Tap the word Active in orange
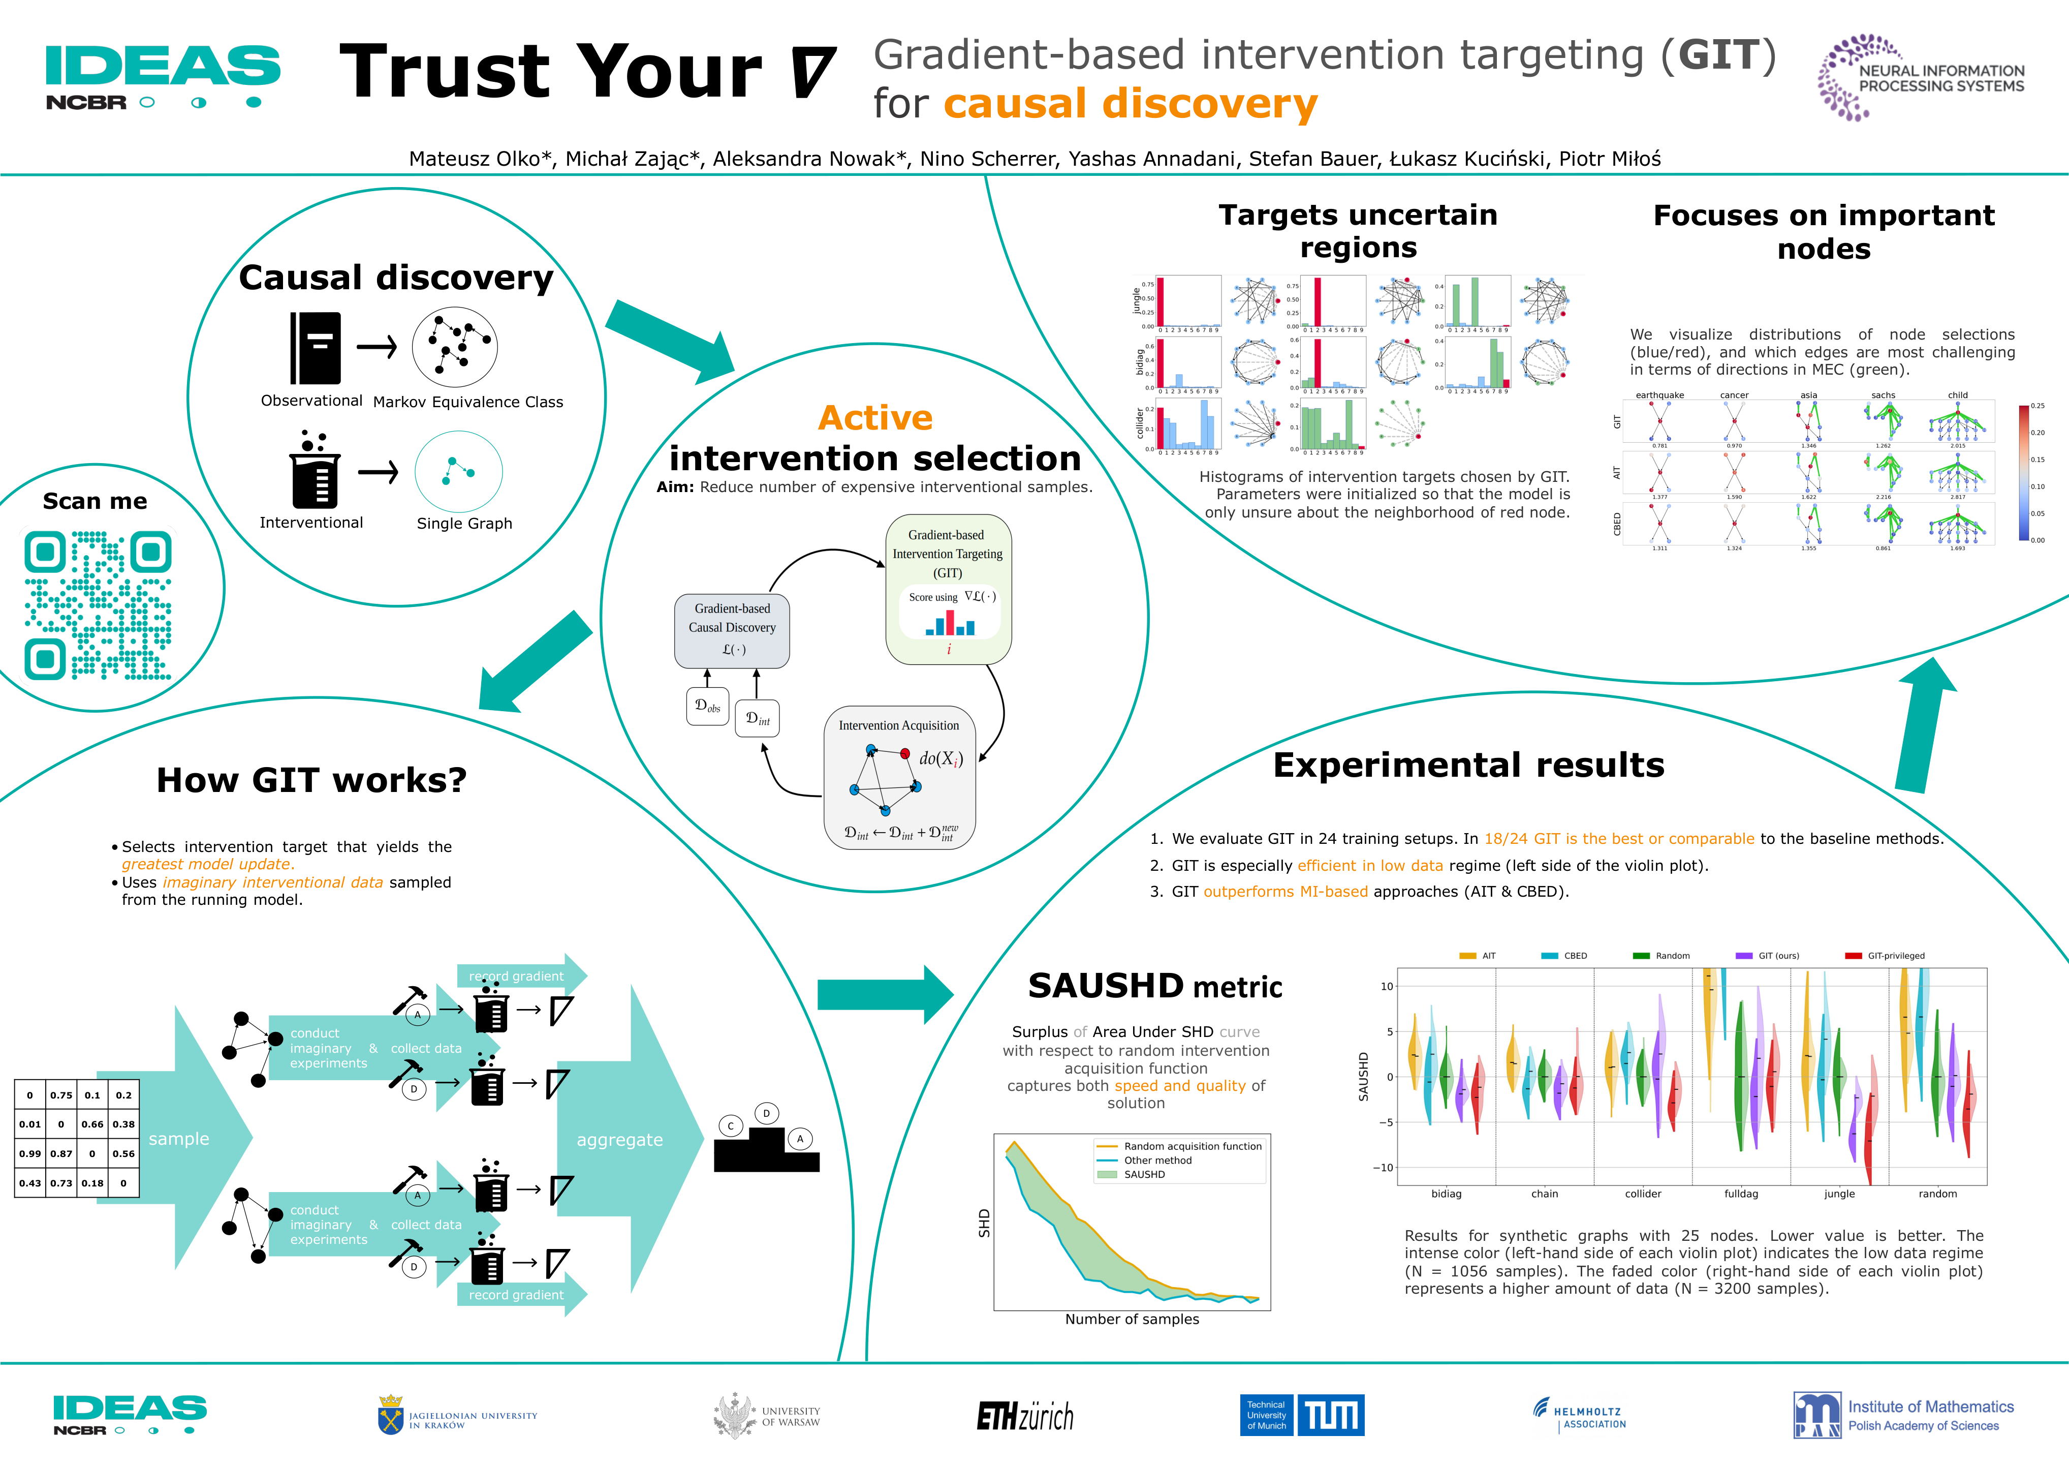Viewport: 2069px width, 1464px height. (x=875, y=418)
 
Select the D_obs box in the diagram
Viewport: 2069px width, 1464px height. (x=707, y=707)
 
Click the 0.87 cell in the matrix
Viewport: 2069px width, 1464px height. (x=61, y=1154)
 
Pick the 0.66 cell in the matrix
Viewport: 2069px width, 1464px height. (x=92, y=1124)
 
